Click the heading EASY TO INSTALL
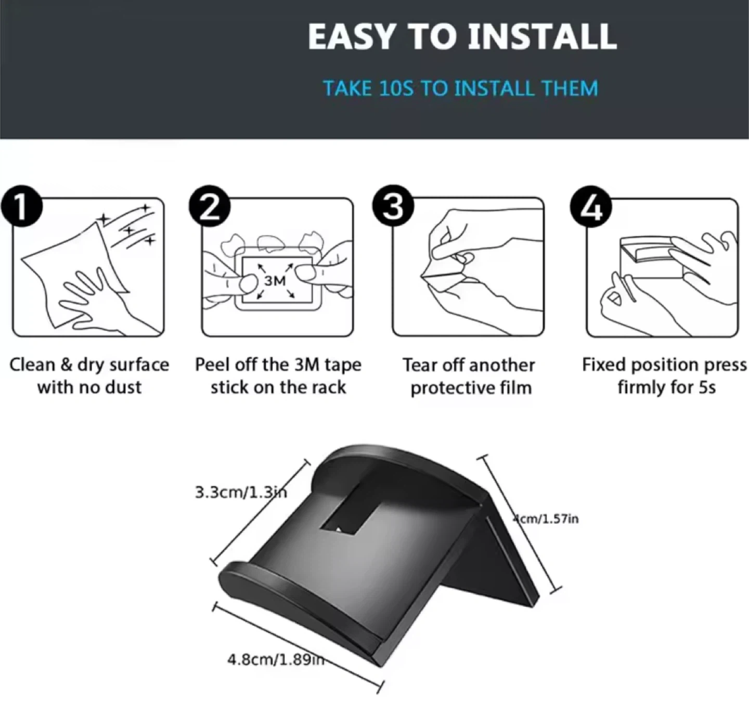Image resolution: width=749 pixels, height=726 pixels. pyautogui.click(x=462, y=37)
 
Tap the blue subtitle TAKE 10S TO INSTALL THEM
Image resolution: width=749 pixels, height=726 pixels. pyautogui.click(x=461, y=88)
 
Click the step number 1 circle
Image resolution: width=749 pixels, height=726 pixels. pyautogui.click(x=21, y=206)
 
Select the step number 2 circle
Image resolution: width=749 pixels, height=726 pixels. pyautogui.click(x=210, y=206)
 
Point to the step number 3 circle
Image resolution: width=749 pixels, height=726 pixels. pyautogui.click(x=393, y=206)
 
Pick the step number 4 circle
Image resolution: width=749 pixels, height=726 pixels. pyautogui.click(x=591, y=207)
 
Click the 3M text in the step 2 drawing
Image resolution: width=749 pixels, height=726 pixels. pyautogui.click(x=275, y=281)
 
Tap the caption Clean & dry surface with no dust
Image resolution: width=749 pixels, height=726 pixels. pyautogui.click(x=89, y=376)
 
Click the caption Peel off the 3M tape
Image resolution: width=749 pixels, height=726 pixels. pyautogui.click(x=278, y=365)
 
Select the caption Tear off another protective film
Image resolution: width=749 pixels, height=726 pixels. pyautogui.click(x=469, y=377)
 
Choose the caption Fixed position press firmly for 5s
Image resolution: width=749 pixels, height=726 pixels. pyautogui.click(x=665, y=376)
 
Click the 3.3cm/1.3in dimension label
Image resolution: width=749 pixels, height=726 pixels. pyautogui.click(x=241, y=492)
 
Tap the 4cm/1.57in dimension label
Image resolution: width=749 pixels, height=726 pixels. pyautogui.click(x=546, y=519)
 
